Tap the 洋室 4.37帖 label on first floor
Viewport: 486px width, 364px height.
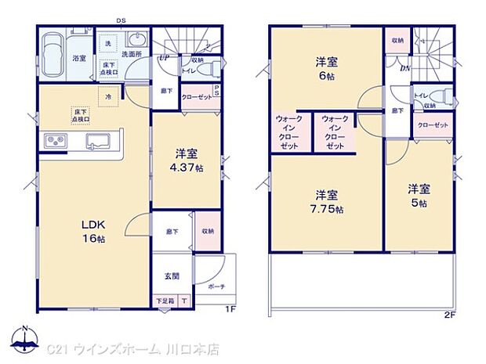188,161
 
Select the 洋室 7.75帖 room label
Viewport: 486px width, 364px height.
327,200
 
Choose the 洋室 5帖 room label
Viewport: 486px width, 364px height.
417,195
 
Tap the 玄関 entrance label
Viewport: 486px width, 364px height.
172,276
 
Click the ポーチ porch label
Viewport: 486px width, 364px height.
216,287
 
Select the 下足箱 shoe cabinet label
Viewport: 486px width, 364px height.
164,301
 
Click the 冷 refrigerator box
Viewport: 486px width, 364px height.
107,96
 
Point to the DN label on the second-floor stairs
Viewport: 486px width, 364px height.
404,68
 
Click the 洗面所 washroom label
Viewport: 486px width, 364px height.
130,55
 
